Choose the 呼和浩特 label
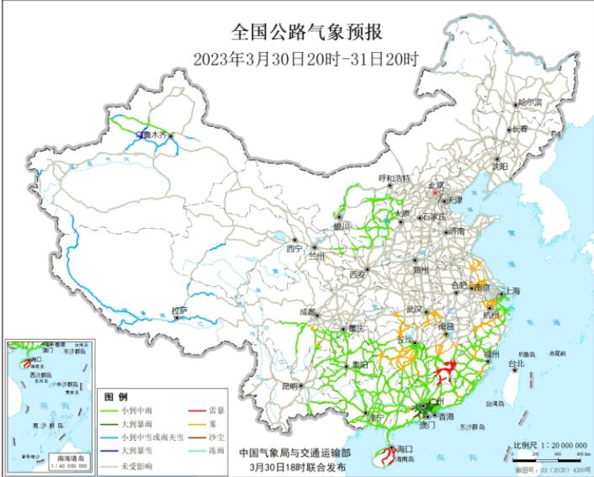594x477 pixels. tap(393, 178)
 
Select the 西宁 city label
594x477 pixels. tap(294, 248)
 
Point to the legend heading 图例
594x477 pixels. tap(115, 396)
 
